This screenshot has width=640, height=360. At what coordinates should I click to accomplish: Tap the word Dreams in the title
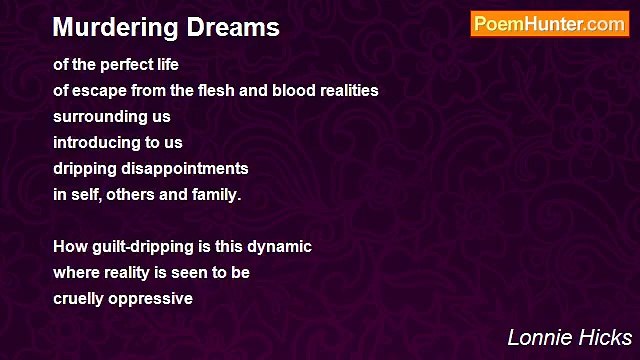(x=237, y=27)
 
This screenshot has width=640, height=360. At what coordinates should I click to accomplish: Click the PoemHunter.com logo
(x=549, y=24)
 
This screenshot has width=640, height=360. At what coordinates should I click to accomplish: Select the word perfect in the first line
(x=127, y=65)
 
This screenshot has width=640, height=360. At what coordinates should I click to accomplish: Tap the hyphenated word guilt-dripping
(x=143, y=247)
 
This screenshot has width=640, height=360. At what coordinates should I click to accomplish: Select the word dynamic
(x=280, y=247)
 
